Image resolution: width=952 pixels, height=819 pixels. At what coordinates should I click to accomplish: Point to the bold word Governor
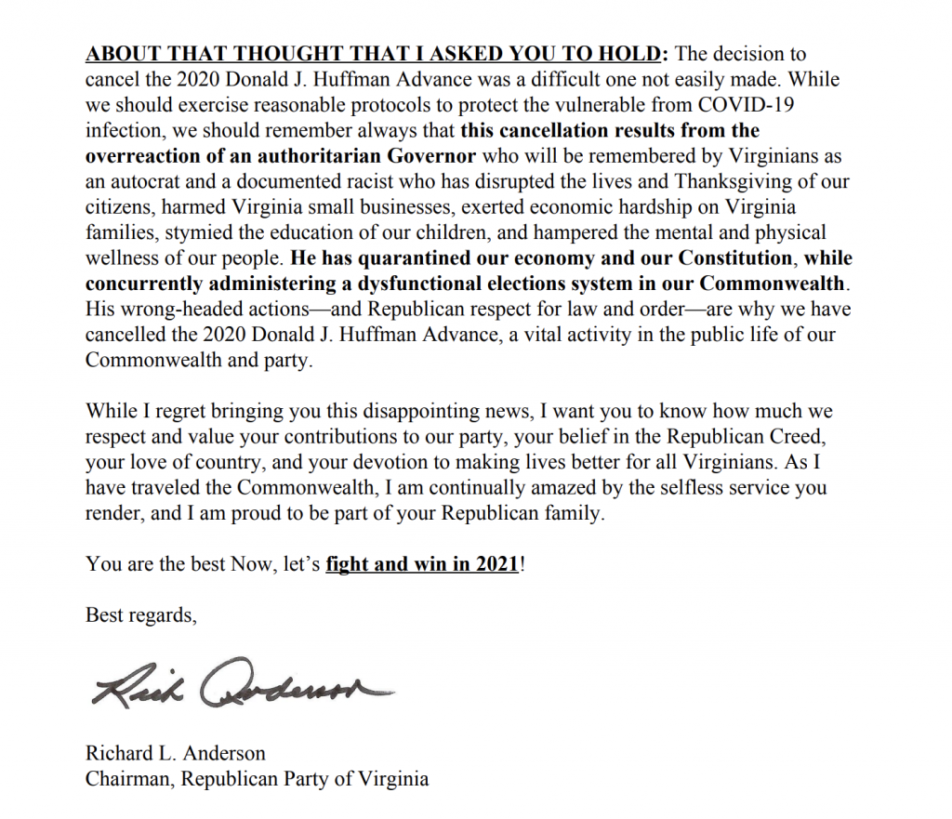click(437, 156)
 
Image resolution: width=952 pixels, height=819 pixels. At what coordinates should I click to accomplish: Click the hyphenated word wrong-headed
click(178, 309)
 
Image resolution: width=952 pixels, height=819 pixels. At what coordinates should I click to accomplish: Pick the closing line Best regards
click(141, 615)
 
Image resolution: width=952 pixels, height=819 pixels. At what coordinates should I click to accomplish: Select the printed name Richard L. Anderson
click(176, 753)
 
